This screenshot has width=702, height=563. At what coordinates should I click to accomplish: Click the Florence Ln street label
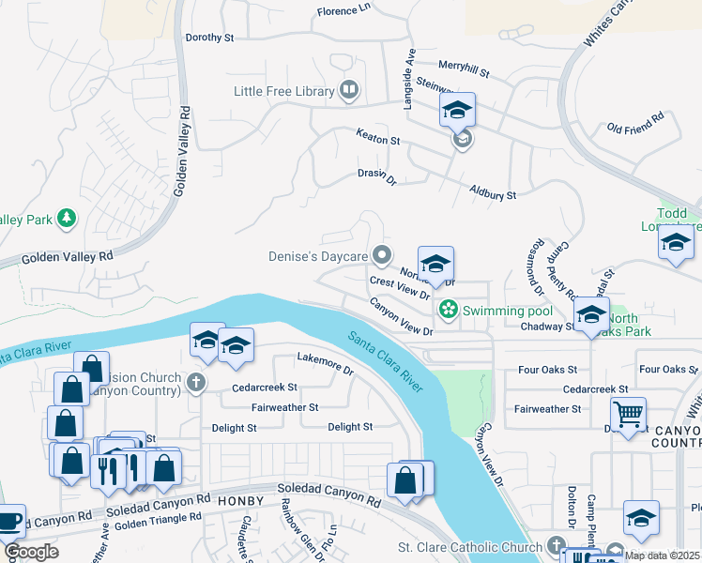pyautogui.click(x=343, y=10)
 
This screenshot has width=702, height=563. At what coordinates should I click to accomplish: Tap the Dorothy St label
pyautogui.click(x=208, y=38)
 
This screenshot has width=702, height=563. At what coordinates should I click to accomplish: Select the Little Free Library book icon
pyautogui.click(x=349, y=91)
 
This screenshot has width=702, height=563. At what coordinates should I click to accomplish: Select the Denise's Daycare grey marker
pyautogui.click(x=381, y=255)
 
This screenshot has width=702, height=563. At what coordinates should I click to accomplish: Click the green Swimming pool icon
pyautogui.click(x=449, y=309)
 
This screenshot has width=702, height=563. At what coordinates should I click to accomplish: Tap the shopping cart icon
pyautogui.click(x=627, y=412)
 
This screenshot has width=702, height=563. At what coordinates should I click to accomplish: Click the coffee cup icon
pyautogui.click(x=9, y=520)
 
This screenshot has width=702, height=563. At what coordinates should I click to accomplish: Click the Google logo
pyautogui.click(x=31, y=552)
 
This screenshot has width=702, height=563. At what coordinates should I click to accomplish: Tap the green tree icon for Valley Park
pyautogui.click(x=66, y=219)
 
